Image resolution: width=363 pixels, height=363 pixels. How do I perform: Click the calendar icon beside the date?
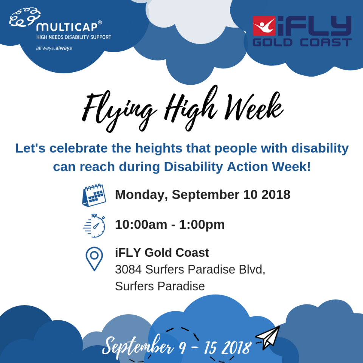pos(94,195)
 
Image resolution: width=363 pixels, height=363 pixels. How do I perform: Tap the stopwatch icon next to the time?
pos(94,226)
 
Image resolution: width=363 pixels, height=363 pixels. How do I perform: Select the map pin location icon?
pos(94,259)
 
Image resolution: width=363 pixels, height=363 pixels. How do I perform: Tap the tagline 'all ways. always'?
pos(54,48)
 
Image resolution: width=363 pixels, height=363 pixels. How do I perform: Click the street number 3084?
pos(129,270)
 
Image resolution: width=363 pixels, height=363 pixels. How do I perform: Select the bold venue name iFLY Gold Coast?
pos(162,252)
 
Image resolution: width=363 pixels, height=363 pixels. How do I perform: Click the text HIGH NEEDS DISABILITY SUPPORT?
pos(73,37)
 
